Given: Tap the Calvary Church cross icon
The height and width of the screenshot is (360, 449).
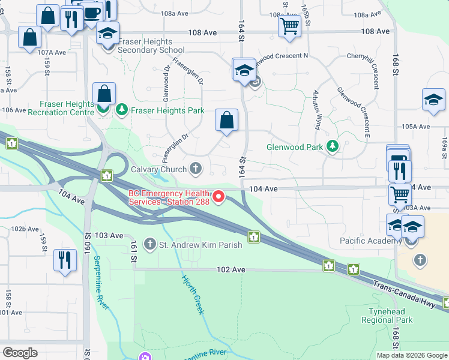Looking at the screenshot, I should (x=195, y=169).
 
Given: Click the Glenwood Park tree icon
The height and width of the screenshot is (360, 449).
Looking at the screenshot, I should (x=331, y=146).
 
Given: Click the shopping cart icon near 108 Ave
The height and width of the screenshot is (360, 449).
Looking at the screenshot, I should (x=290, y=26).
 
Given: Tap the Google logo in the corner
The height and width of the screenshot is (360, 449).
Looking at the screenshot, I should (x=20, y=353).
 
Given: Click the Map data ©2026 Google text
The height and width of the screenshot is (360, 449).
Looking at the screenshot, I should (x=411, y=355).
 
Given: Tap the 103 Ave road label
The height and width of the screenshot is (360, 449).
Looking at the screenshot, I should (x=110, y=235).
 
